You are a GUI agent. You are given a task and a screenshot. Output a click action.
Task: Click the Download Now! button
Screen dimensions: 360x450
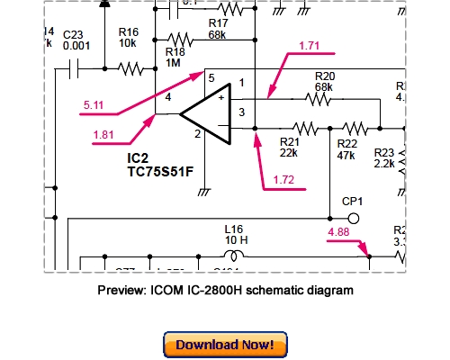[x=225, y=344]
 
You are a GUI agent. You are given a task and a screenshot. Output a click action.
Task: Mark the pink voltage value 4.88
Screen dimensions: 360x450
[x=340, y=232]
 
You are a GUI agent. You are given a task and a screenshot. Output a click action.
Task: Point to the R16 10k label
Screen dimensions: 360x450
[x=129, y=36]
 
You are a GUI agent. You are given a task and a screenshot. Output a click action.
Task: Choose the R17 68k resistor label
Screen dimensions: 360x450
[x=218, y=29]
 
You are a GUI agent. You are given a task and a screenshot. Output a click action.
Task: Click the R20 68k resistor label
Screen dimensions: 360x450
[x=324, y=82]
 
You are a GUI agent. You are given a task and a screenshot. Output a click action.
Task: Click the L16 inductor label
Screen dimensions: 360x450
[x=235, y=237]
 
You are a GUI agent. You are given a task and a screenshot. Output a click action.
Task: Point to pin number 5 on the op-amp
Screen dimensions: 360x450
[x=211, y=79]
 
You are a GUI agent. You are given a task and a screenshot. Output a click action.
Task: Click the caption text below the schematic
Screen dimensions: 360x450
[x=224, y=291]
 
